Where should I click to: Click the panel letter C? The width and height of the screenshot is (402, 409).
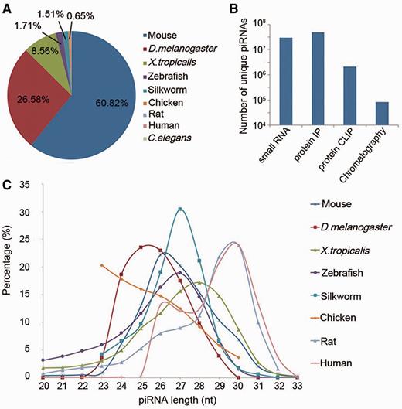[x=7, y=186]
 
